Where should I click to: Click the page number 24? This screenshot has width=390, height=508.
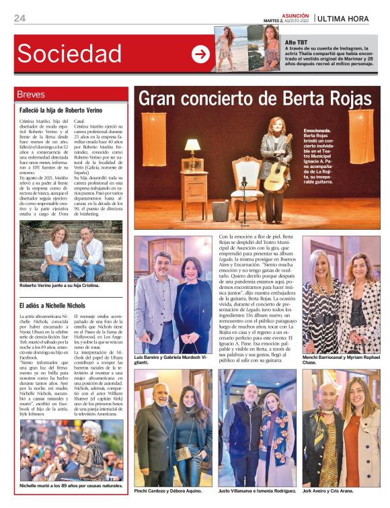(19, 18)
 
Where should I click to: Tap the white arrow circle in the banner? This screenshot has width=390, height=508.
(200, 54)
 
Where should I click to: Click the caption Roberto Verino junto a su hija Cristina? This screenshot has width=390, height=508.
(59, 286)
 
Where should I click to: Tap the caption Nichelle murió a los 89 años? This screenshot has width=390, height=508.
(71, 485)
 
